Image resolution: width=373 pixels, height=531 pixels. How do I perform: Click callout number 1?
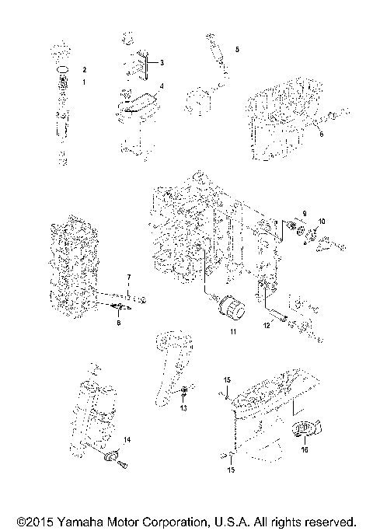[85, 81]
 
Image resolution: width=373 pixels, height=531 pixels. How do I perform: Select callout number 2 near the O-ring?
[85, 69]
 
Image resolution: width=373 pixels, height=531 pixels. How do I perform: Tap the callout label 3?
[162, 61]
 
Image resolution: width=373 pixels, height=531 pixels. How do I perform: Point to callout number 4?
[162, 86]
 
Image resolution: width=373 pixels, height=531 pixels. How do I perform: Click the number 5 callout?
[237, 49]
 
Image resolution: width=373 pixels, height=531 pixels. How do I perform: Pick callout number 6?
[320, 134]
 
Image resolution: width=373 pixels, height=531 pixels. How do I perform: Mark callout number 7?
[129, 278]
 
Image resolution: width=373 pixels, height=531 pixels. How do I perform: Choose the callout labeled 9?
[305, 212]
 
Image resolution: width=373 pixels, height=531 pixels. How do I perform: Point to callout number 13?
[184, 407]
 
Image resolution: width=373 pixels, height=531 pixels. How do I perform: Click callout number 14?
[127, 440]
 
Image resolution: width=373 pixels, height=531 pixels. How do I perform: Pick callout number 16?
[305, 449]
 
